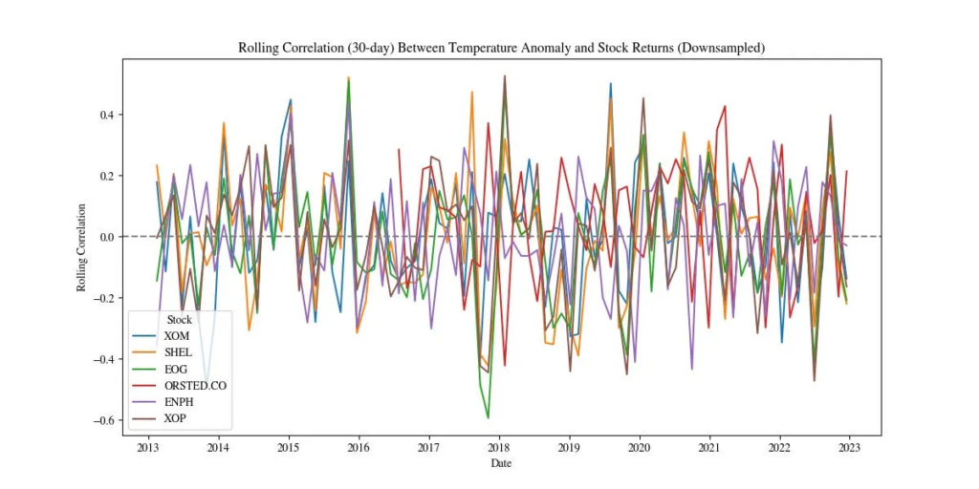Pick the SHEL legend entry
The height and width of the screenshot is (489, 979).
(x=178, y=352)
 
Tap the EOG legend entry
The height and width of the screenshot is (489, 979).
(x=176, y=370)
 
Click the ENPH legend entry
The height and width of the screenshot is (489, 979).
(x=179, y=403)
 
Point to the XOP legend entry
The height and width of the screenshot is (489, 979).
(x=176, y=420)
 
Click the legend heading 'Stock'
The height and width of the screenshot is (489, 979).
(x=180, y=319)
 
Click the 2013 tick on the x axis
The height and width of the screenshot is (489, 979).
(x=148, y=447)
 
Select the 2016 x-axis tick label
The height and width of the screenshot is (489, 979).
(x=359, y=447)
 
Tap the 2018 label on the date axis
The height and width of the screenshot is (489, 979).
(x=499, y=447)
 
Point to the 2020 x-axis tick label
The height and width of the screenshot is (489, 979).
(x=639, y=447)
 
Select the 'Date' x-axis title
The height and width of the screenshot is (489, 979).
(x=501, y=462)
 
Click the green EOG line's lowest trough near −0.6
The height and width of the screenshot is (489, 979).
(x=488, y=417)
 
